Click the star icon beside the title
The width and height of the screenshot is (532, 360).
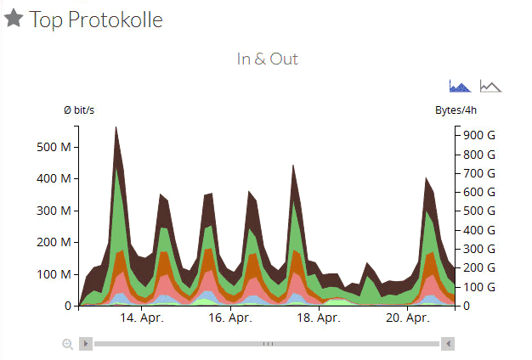tap(14, 19)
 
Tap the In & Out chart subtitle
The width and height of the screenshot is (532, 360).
tap(267, 59)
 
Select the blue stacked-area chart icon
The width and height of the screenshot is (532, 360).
tap(460, 86)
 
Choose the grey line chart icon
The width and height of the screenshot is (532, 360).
tap(490, 86)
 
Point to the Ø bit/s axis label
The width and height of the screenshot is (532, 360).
tap(79, 111)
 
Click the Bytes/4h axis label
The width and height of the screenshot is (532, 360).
tap(457, 111)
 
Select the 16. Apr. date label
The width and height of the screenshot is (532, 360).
tap(229, 318)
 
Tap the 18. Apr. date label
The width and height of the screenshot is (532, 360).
tap(318, 318)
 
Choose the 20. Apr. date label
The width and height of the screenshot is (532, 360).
tap(406, 318)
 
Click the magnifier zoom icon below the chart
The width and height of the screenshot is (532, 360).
tap(67, 344)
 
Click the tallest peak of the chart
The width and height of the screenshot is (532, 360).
tap(116, 129)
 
